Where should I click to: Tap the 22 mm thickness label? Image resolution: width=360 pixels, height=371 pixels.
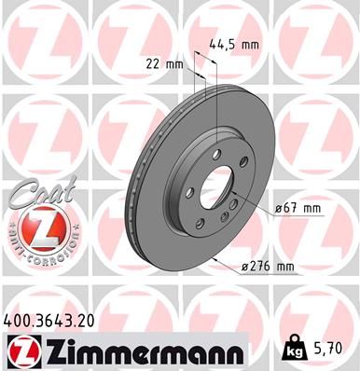pyautogui.click(x=164, y=63)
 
